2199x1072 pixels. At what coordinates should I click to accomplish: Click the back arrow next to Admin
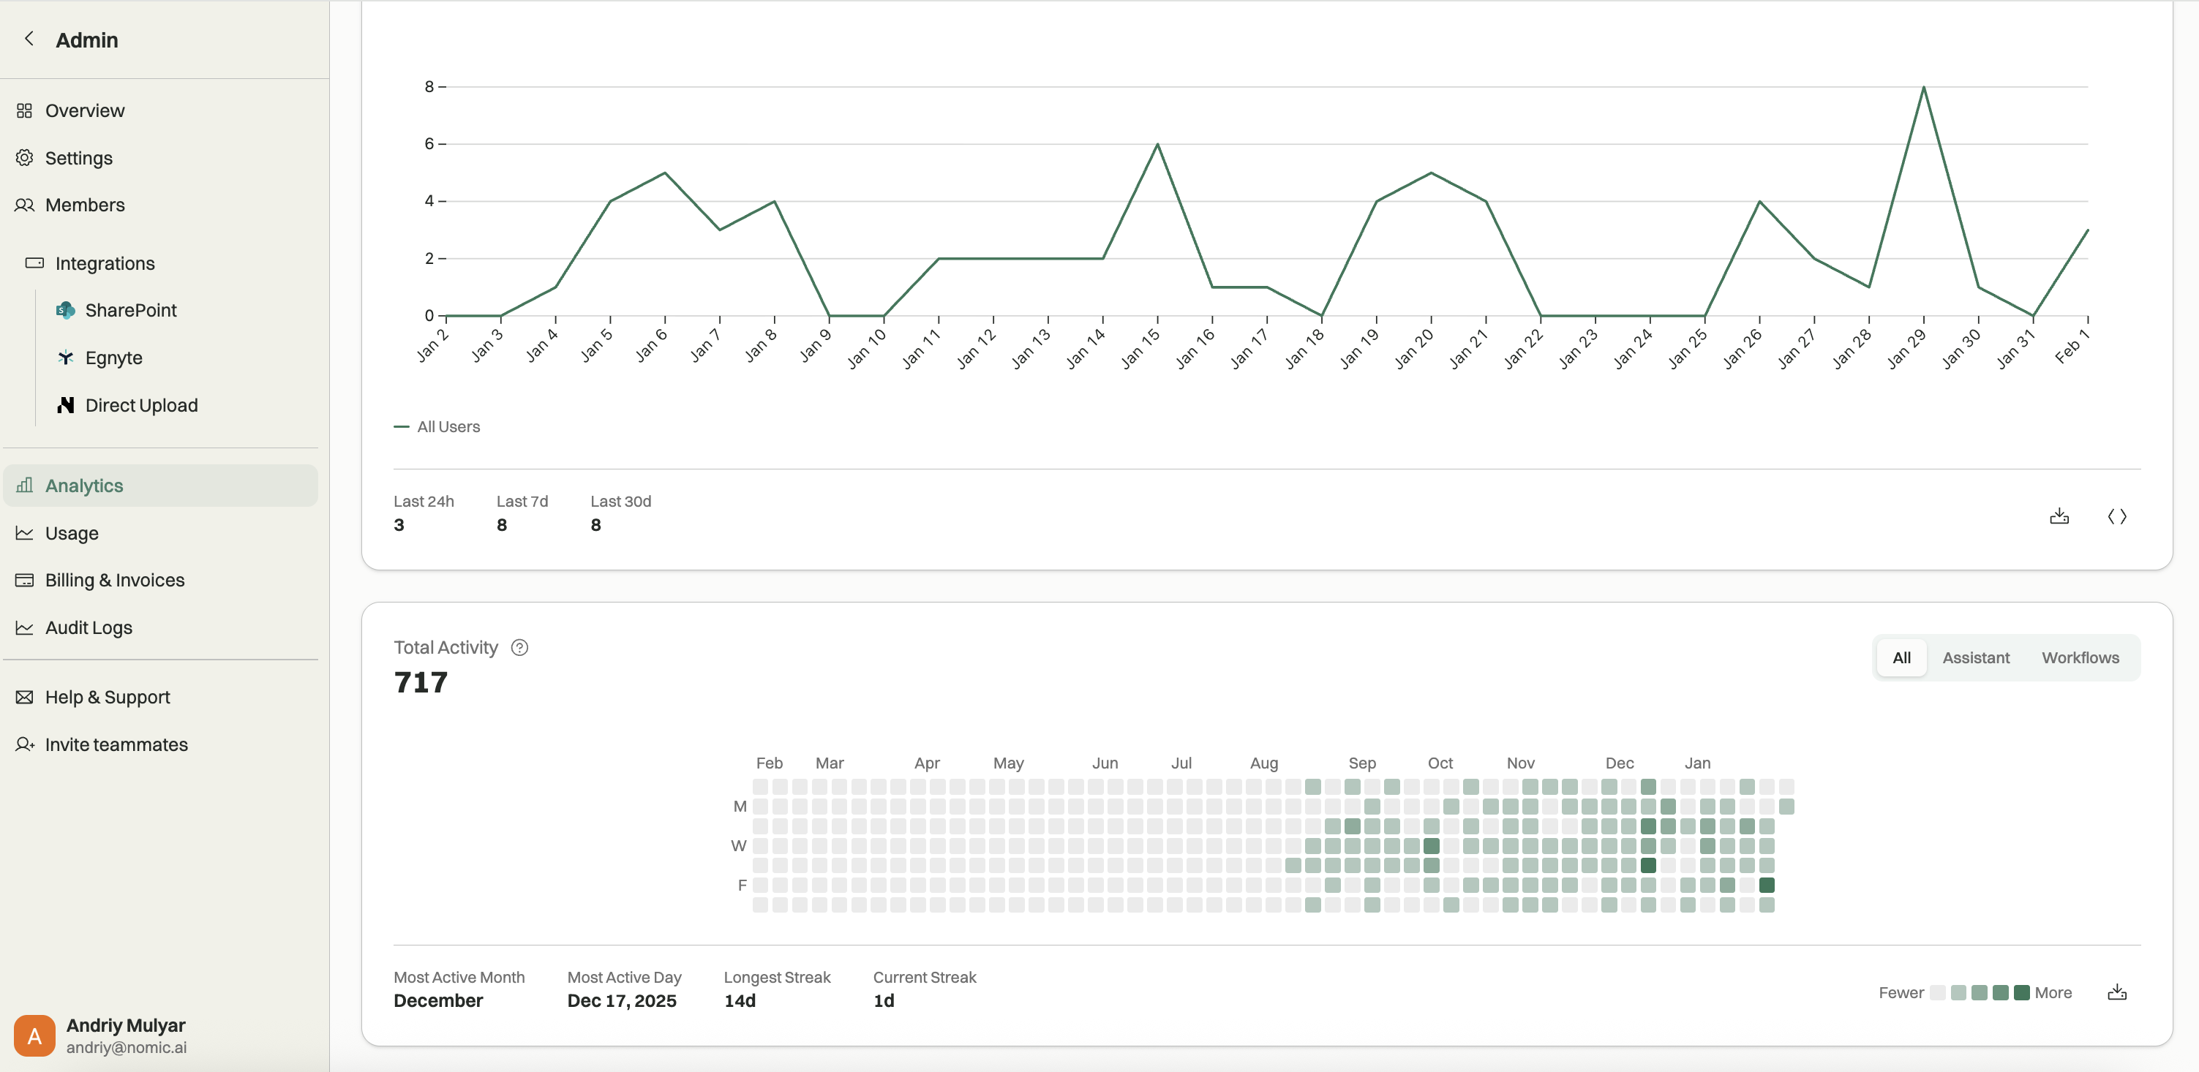click(x=29, y=39)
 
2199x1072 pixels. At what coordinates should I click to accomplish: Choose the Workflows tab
click(x=2080, y=658)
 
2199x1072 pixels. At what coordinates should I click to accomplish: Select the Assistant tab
click(x=1975, y=658)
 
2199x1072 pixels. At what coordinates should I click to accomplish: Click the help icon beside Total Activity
click(x=519, y=648)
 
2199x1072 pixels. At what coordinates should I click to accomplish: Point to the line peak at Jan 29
click(x=1923, y=87)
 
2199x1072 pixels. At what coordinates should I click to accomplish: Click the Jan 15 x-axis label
click(x=1140, y=347)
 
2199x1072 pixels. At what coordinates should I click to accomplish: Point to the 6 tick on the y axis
click(x=429, y=144)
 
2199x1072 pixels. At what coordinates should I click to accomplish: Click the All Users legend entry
click(x=437, y=427)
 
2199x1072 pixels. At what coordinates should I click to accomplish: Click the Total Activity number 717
click(x=421, y=683)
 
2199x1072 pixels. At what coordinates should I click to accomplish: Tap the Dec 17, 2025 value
click(x=622, y=1001)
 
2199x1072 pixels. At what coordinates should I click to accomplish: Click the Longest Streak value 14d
click(x=740, y=1001)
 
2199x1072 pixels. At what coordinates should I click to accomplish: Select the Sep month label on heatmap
click(x=1361, y=763)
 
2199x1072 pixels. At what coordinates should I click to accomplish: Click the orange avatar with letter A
click(x=34, y=1036)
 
